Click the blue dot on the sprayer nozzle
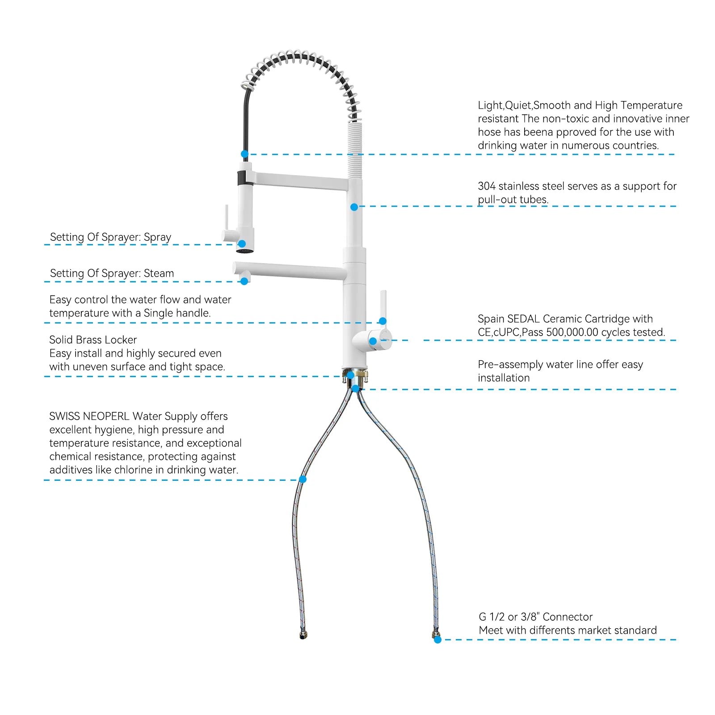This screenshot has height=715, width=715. pos(242,244)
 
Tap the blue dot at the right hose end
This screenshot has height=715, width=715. pos(437,639)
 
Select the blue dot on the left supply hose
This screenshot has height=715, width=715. pos(303,479)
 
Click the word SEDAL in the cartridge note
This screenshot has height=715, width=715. pos(523,319)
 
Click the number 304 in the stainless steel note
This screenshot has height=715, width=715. pos(487,186)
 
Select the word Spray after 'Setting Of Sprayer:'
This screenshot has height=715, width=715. pos(157,237)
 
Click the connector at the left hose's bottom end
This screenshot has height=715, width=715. pos(303,635)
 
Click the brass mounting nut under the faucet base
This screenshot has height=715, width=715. pos(355,375)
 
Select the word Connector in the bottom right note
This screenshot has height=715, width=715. pos(568,617)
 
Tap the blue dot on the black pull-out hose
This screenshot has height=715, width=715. pos(244,154)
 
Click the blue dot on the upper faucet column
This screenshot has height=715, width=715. pos(354,207)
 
